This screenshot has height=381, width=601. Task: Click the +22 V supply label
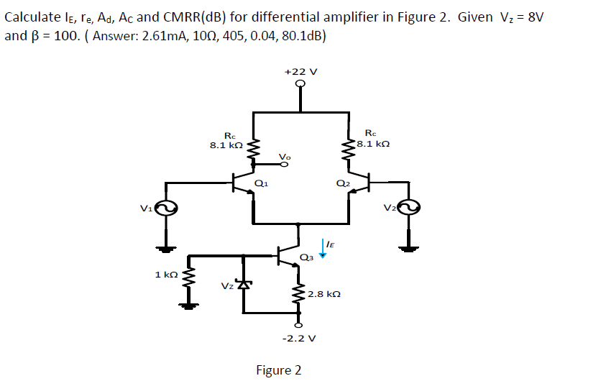click(300, 72)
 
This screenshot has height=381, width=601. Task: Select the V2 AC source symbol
click(409, 208)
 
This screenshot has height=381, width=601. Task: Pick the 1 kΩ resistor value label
click(166, 275)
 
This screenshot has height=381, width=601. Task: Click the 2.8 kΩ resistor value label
click(323, 294)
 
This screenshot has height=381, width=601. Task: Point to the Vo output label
click(285, 156)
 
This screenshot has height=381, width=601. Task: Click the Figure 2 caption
click(279, 370)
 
